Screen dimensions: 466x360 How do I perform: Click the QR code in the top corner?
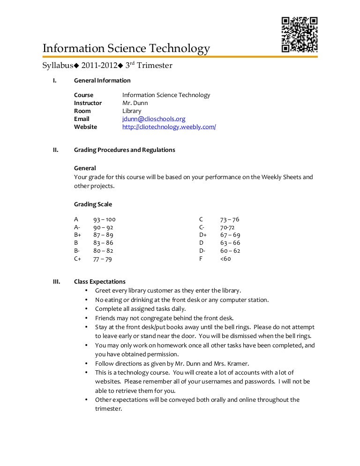click(x=300, y=35)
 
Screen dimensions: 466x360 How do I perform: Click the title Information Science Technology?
click(x=126, y=49)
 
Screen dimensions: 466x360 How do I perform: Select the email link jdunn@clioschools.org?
click(x=154, y=119)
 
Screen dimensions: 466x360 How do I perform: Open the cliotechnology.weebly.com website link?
click(x=169, y=127)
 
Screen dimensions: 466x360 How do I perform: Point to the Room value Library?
click(x=132, y=111)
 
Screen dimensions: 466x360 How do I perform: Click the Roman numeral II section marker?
click(x=55, y=150)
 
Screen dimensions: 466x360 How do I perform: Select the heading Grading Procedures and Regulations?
click(x=124, y=150)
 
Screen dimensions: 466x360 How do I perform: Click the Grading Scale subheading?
click(x=93, y=204)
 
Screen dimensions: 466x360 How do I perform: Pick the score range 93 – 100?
click(x=104, y=219)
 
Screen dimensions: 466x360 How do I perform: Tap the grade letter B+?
click(x=77, y=235)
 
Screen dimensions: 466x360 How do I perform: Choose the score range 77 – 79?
click(x=102, y=259)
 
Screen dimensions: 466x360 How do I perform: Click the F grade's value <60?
click(x=225, y=259)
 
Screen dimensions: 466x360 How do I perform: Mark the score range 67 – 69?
click(x=230, y=235)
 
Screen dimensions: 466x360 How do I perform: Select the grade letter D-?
click(x=202, y=251)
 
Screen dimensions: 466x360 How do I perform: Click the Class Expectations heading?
click(x=99, y=282)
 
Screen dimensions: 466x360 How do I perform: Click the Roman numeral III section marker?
click(x=56, y=282)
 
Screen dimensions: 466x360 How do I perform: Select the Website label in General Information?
click(x=85, y=127)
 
